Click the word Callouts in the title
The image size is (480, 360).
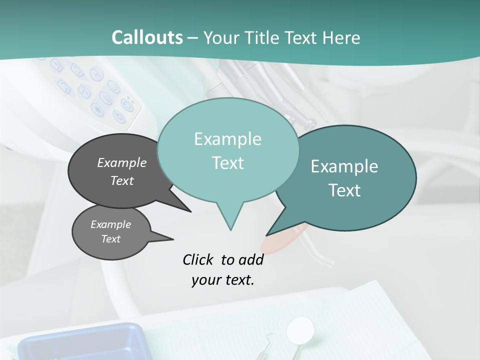147,37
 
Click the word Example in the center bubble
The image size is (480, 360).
227,139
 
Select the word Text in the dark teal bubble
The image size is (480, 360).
344,190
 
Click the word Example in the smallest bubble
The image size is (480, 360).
110,224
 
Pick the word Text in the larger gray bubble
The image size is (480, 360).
121,181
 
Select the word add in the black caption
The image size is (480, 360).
251,260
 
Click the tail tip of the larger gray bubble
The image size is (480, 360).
190,211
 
